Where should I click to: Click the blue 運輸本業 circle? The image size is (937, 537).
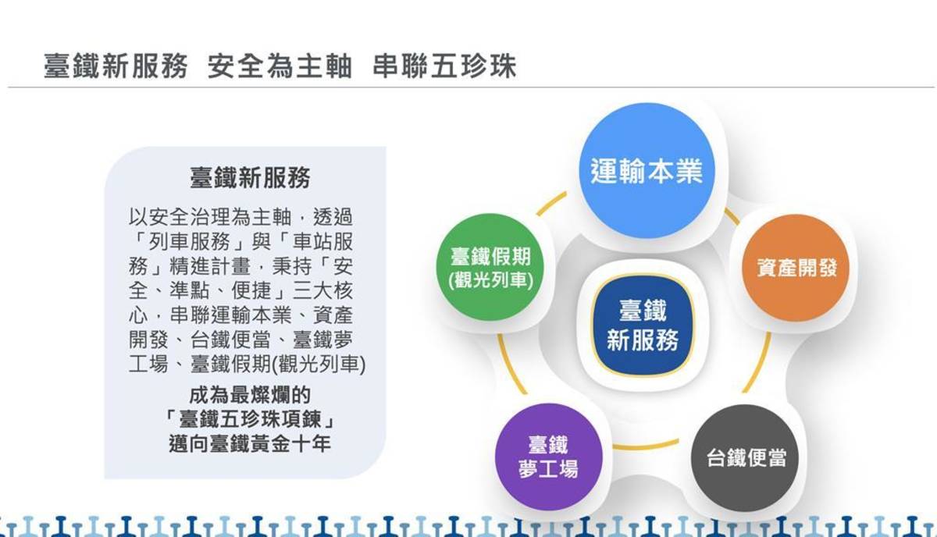click(646, 170)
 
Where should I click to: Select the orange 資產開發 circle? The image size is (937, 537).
click(796, 268)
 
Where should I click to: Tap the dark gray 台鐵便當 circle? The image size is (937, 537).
click(746, 457)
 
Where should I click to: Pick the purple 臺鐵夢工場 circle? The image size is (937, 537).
click(549, 457)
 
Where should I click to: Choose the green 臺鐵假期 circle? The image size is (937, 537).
click(492, 268)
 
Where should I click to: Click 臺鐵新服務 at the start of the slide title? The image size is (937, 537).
click(116, 66)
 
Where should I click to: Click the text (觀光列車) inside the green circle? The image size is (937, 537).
click(492, 280)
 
